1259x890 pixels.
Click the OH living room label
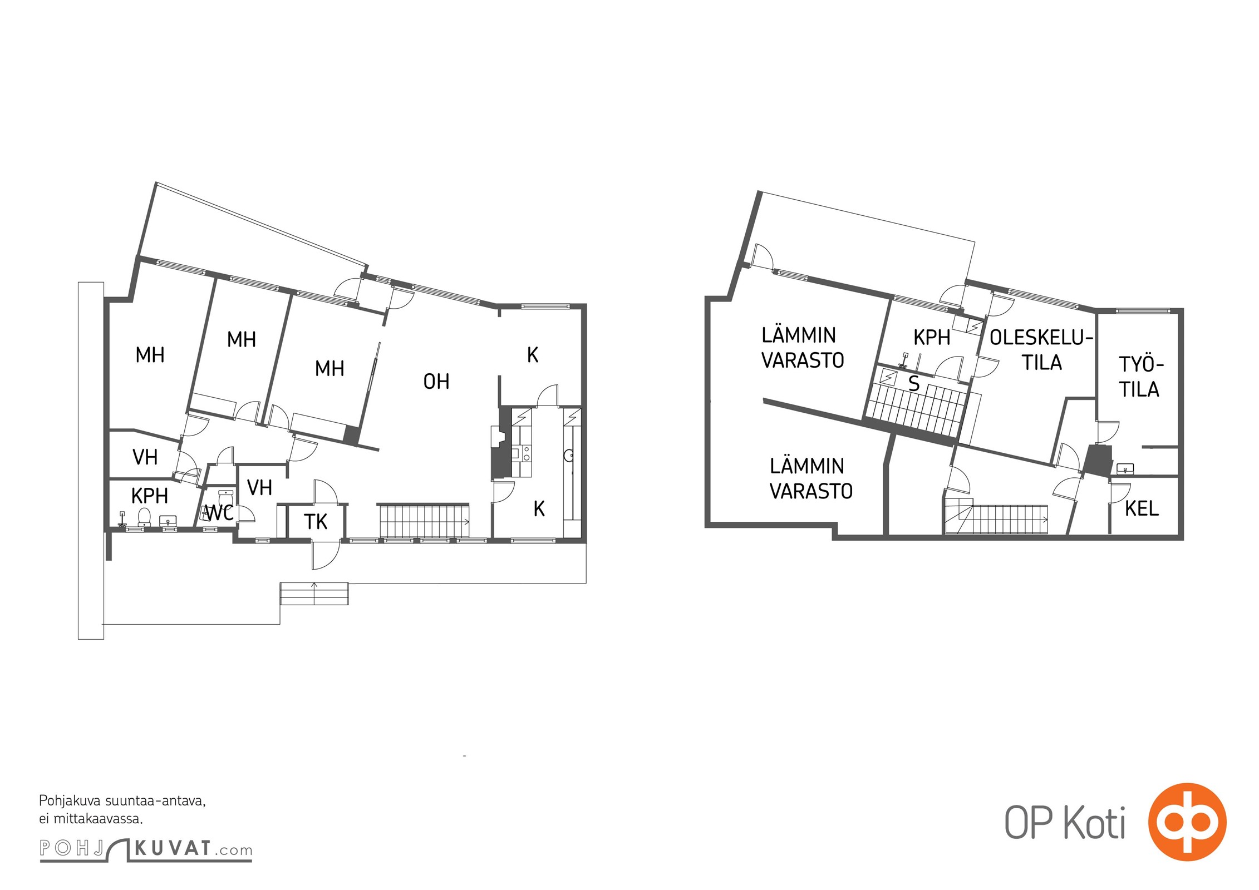[436, 382]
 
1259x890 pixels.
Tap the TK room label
[316, 522]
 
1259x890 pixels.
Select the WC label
[219, 513]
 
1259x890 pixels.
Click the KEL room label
[1142, 508]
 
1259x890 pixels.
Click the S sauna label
[913, 384]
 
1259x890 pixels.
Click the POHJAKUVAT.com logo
[146, 849]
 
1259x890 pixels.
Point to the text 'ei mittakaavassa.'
[91, 819]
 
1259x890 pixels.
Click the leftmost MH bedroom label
[150, 355]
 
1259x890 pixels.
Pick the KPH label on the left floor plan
[149, 496]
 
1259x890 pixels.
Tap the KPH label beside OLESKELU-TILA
[932, 338]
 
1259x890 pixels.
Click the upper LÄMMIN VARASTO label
[802, 348]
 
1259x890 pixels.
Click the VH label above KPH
[145, 457]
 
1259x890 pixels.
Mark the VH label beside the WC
[259, 488]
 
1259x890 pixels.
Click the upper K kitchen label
[533, 355]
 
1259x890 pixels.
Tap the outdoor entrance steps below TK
[314, 594]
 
